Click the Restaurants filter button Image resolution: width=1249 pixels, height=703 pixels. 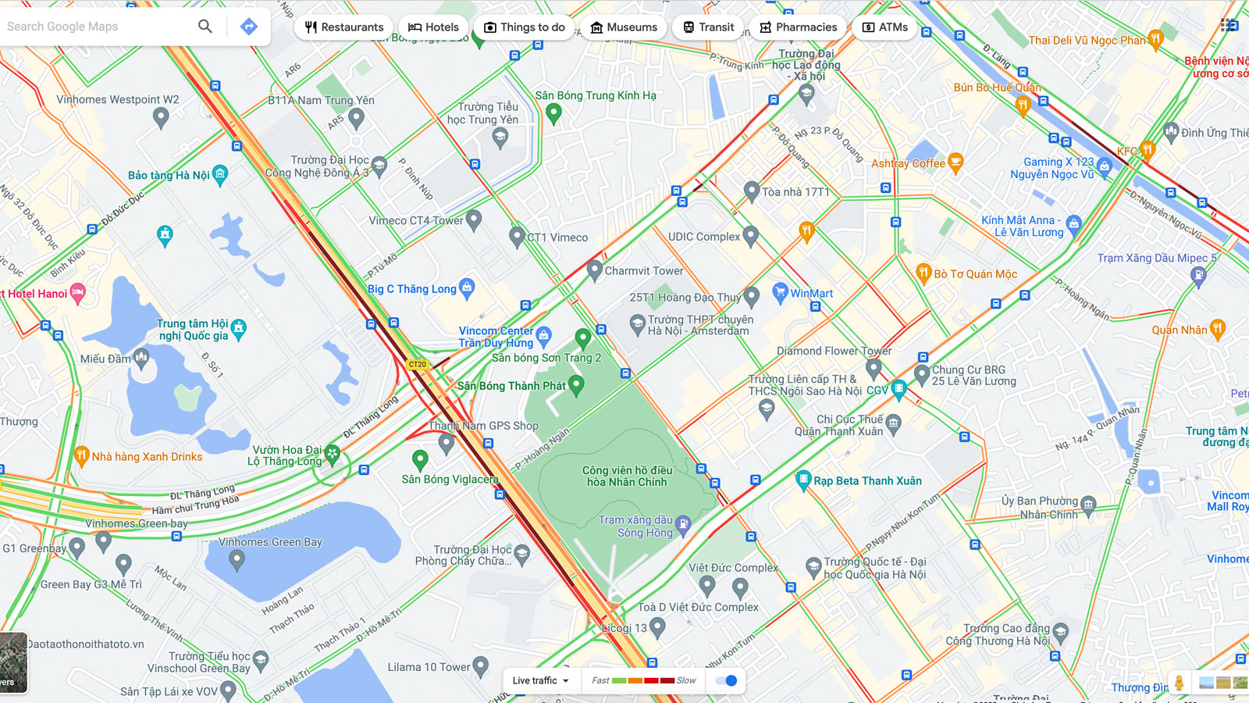click(x=344, y=27)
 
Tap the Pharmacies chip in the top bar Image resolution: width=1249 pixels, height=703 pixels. click(x=798, y=27)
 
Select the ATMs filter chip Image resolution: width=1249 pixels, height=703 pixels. click(x=885, y=27)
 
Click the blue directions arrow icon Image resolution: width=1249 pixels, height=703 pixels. click(x=248, y=27)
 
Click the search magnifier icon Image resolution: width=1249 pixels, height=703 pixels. click(x=205, y=27)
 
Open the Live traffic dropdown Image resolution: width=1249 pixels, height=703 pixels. click(x=541, y=680)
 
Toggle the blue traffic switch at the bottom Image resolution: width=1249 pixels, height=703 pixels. click(x=727, y=680)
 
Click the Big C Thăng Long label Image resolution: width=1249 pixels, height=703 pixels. click(x=412, y=289)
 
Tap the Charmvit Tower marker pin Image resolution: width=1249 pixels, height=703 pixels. click(x=594, y=269)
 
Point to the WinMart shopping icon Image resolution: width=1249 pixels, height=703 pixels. click(x=780, y=292)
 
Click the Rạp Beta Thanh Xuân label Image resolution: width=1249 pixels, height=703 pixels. click(x=867, y=481)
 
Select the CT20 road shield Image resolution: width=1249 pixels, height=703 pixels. click(x=418, y=364)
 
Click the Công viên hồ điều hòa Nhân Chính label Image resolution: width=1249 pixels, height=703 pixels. click(x=627, y=476)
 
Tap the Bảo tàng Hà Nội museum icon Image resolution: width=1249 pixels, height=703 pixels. click(x=220, y=174)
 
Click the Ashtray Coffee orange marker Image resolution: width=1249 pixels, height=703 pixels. click(x=955, y=162)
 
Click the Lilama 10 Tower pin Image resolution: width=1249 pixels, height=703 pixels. click(x=481, y=666)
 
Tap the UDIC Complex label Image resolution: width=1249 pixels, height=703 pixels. click(x=703, y=237)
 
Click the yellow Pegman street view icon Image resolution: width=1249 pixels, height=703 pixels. click(x=1179, y=682)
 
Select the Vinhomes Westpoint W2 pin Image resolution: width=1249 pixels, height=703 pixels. click(x=161, y=117)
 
